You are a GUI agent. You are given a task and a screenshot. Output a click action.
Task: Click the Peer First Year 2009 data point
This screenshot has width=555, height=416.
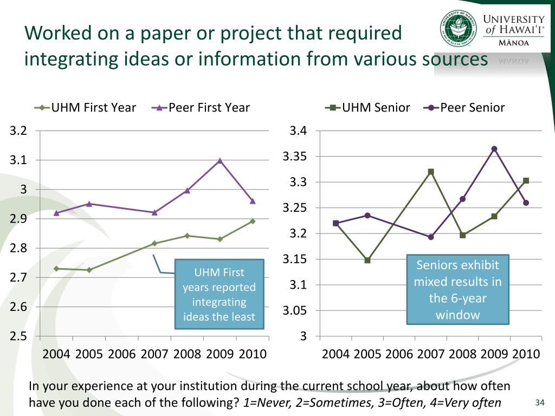tap(220, 160)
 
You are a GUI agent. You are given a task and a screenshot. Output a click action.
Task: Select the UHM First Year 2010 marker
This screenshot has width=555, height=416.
tap(253, 221)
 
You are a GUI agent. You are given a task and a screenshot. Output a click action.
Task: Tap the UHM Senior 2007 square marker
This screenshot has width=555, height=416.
tap(431, 172)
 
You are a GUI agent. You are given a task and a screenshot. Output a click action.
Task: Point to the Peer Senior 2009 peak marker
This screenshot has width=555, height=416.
tap(494, 149)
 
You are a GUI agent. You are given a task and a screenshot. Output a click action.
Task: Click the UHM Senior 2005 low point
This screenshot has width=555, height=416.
tap(367, 260)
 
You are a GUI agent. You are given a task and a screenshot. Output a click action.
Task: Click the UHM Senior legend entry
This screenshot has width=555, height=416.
tap(368, 107)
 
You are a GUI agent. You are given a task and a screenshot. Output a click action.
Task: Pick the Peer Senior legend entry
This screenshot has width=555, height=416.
tap(466, 107)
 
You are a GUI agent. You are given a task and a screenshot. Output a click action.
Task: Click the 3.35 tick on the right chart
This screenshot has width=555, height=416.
tap(295, 157)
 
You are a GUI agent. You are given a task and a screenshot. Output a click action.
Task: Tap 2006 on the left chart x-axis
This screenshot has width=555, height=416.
tap(122, 354)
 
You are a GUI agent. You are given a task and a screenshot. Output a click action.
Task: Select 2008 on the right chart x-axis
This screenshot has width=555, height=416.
tap(462, 354)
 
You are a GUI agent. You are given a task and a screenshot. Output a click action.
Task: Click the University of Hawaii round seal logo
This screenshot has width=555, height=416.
tap(458, 28)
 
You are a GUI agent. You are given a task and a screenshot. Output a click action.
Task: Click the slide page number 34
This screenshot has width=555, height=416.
tap(539, 402)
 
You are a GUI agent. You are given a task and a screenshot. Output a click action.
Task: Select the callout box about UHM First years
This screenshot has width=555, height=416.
tap(219, 294)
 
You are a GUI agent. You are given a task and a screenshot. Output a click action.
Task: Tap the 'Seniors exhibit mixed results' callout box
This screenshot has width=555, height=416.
tap(457, 290)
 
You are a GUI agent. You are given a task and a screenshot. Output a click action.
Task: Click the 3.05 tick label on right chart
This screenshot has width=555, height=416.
tap(295, 311)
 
